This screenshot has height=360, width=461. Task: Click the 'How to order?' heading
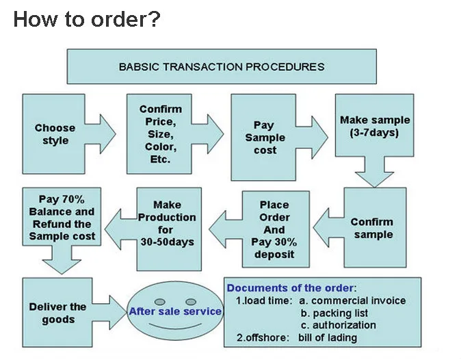coord(87,19)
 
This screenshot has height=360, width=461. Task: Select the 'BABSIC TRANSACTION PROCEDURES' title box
coord(222,67)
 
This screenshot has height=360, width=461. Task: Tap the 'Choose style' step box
coord(55,134)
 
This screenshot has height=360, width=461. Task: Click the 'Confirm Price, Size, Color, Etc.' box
coord(161,134)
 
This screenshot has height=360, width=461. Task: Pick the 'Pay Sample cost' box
coord(265,138)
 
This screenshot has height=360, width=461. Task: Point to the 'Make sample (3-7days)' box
coord(375,126)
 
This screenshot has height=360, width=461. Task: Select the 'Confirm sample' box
coord(371,229)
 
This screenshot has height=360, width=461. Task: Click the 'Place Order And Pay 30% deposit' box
coord(274,229)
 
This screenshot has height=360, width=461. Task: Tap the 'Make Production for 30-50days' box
coord(167,223)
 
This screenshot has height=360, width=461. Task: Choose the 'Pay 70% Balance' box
coord(62,218)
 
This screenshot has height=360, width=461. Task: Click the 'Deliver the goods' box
coord(57,313)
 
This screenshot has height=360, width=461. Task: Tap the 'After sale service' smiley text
coord(175,311)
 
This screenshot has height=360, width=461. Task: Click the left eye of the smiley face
coord(160,301)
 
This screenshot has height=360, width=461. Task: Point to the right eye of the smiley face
coord(192,301)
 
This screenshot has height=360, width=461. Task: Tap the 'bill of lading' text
coord(328,337)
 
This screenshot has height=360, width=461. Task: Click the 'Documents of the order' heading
coord(291,288)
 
